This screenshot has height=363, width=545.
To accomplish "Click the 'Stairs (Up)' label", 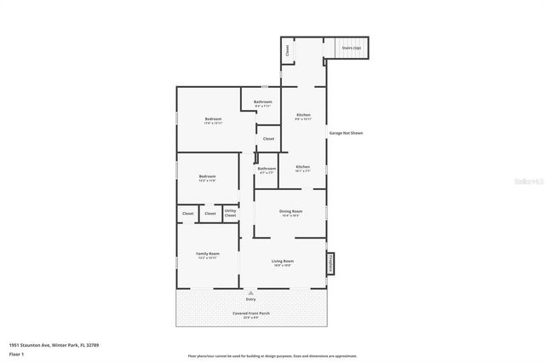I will tap(351, 49).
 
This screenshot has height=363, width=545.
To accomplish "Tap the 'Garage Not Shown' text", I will tap(346, 134).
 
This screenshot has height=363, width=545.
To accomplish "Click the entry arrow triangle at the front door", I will tap(250, 292).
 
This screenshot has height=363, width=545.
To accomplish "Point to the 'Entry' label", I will tap(250, 299).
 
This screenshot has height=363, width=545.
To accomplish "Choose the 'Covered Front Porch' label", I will tap(250, 314).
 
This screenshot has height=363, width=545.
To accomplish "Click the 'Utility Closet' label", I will tap(230, 213).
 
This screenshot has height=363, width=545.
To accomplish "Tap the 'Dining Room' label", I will tap(291, 211).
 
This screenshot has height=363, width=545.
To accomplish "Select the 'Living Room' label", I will tap(283, 262).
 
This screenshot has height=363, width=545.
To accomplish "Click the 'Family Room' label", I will tap(208, 254).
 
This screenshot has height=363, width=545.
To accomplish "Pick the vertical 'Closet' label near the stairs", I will tap(288, 50).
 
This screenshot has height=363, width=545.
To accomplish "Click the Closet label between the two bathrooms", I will tap(268, 138).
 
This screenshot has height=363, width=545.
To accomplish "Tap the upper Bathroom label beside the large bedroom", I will tap(262, 102).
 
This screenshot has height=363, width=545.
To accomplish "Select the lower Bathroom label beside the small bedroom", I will tap(267, 169).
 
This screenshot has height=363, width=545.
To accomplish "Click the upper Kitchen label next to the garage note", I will tap(303, 115).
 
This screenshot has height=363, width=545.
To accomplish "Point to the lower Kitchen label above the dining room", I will tap(302, 167).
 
